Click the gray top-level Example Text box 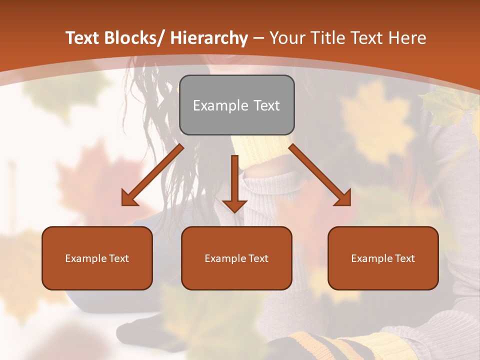click(x=236, y=105)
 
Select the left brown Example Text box click(x=97, y=258)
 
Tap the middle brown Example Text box click(x=236, y=258)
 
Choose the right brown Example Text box click(x=383, y=258)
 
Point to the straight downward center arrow click(x=234, y=182)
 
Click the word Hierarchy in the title click(x=209, y=38)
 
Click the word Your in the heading click(x=286, y=38)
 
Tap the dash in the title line click(x=258, y=38)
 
